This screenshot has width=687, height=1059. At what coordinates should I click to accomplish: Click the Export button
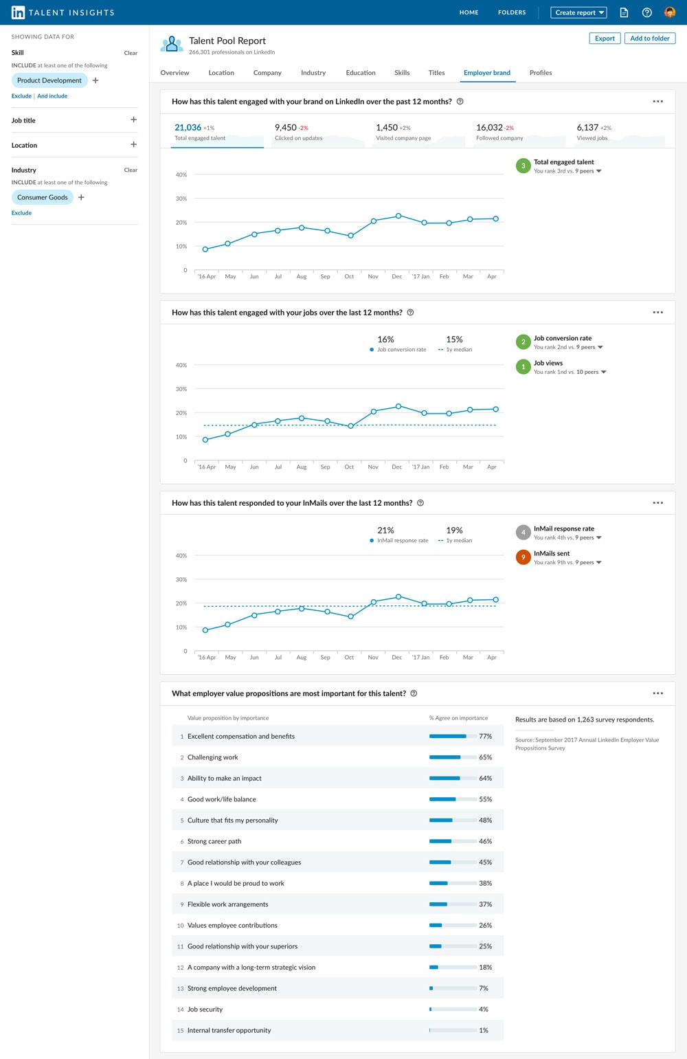(x=605, y=38)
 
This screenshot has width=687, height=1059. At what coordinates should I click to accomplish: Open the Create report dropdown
(x=579, y=12)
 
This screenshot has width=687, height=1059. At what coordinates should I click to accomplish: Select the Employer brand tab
(x=486, y=73)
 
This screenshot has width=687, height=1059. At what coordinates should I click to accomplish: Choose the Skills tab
(x=402, y=73)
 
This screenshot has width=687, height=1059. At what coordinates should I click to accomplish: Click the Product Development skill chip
(x=49, y=80)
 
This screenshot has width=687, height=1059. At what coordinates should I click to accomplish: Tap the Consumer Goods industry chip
(x=43, y=197)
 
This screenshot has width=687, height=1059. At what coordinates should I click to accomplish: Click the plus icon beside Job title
(x=133, y=120)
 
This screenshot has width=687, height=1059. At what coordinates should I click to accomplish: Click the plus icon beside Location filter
(x=133, y=144)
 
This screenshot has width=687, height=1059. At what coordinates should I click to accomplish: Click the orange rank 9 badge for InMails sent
(x=523, y=557)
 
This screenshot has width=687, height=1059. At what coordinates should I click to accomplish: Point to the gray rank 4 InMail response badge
(x=523, y=533)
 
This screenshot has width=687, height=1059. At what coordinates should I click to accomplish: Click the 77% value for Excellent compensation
(x=485, y=736)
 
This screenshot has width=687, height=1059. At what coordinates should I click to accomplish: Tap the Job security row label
(x=205, y=1010)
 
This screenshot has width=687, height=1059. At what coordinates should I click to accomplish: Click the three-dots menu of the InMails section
(x=657, y=502)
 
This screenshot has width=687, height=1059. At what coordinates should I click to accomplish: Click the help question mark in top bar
(x=646, y=12)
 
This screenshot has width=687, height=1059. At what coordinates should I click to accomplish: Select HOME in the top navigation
(x=469, y=12)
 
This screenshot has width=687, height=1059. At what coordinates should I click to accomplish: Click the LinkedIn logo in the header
(x=18, y=12)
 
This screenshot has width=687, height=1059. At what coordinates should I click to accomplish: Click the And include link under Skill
(x=52, y=96)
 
